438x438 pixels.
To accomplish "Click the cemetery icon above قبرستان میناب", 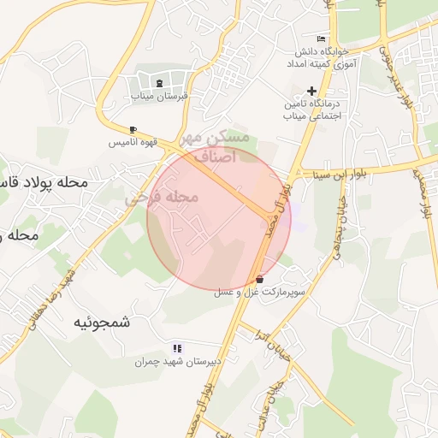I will click(x=161, y=83).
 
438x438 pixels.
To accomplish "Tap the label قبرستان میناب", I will click(x=159, y=97).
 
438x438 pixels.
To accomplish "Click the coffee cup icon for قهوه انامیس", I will click(x=133, y=130).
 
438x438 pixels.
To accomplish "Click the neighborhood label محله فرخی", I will click(x=163, y=198).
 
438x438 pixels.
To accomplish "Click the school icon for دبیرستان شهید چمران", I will click(x=177, y=348).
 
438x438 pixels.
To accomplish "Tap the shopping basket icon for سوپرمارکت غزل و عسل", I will click(x=260, y=279).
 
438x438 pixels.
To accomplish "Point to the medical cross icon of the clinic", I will click(x=311, y=91).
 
